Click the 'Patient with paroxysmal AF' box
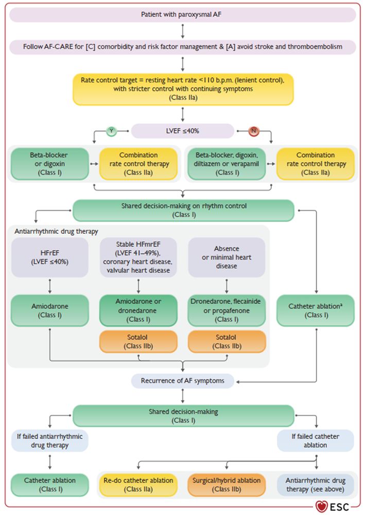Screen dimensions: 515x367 click(x=183, y=15)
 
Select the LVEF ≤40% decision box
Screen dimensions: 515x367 click(x=183, y=131)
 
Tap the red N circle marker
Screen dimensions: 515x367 click(x=253, y=131)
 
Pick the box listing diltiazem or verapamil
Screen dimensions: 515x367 click(x=226, y=164)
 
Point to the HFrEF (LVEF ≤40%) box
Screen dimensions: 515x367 click(x=49, y=257)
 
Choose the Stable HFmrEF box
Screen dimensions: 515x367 click(x=137, y=257)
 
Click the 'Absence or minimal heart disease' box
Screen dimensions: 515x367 click(x=226, y=257)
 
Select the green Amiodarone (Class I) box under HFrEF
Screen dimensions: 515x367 click(x=49, y=310)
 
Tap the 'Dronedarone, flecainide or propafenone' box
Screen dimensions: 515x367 click(x=226, y=310)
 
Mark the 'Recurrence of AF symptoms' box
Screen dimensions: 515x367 click(x=183, y=381)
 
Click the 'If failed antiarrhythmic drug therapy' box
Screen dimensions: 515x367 click(x=49, y=441)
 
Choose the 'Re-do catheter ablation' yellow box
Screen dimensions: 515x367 click(x=138, y=485)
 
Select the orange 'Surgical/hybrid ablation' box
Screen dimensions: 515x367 click(x=226, y=485)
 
